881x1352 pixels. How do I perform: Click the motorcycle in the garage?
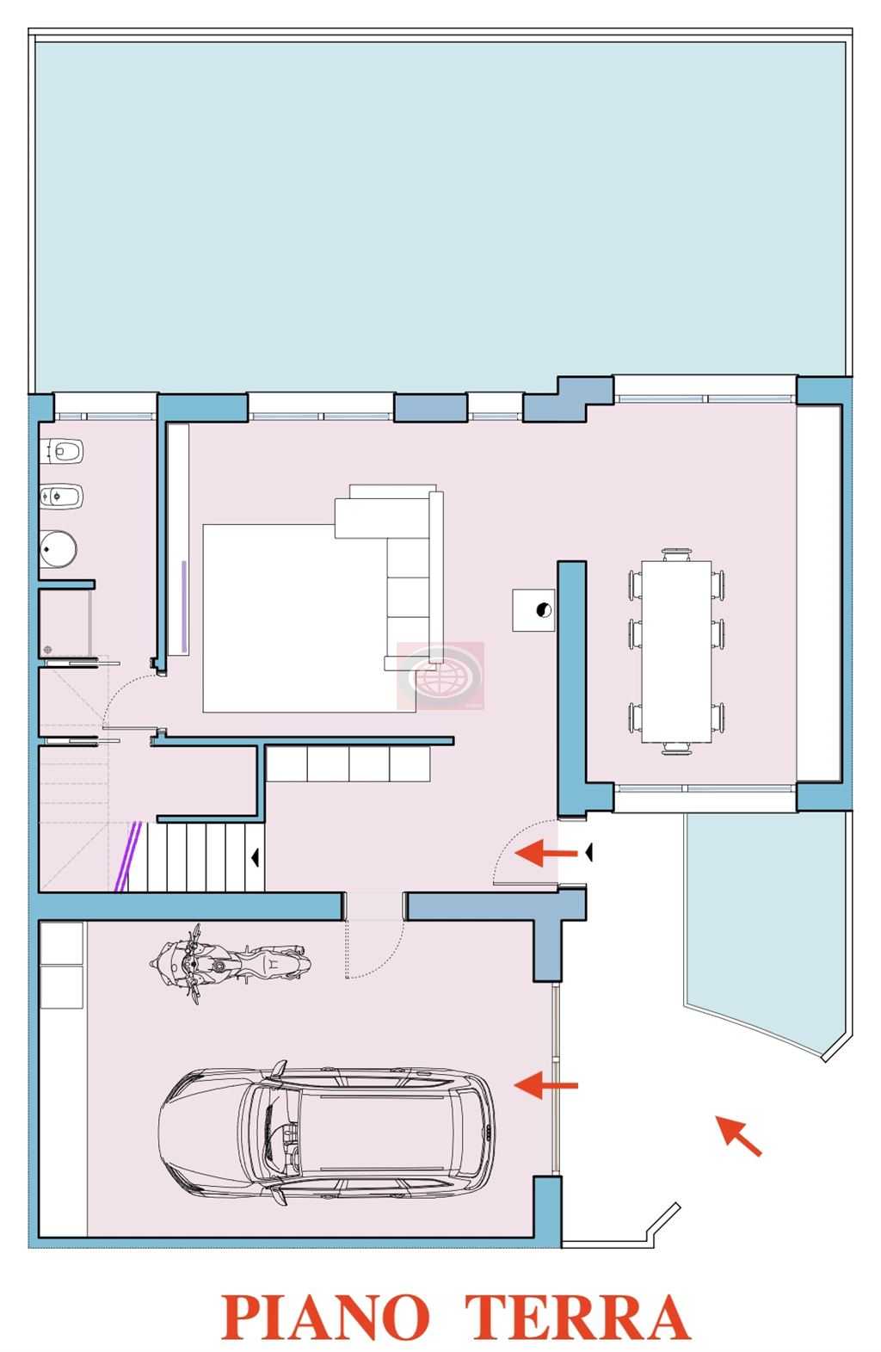tap(230, 963)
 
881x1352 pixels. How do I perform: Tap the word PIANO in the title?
tap(325, 1315)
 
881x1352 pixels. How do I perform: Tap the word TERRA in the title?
tap(577, 1315)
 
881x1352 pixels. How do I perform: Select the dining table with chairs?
tap(676, 651)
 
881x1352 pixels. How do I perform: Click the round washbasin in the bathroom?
tap(58, 549)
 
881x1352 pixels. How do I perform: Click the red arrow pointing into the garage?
tap(545, 1085)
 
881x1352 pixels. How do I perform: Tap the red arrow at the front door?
tap(545, 853)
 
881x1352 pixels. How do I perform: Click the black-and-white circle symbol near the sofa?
tap(544, 610)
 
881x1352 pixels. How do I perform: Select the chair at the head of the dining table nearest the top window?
tap(676, 554)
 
